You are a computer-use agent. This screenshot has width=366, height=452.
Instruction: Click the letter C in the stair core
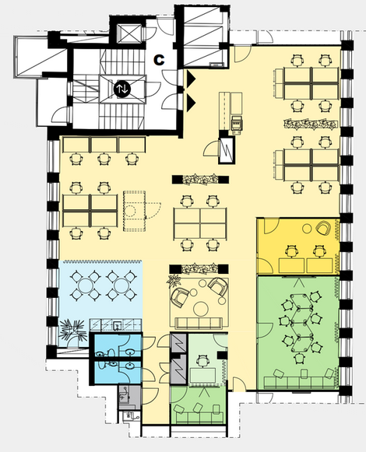159,60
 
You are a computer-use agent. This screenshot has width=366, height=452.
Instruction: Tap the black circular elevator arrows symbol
122,89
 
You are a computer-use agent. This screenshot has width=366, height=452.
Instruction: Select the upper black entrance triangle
191,78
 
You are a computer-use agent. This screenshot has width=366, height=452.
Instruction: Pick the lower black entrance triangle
191,103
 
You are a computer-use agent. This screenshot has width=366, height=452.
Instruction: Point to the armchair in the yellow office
324,228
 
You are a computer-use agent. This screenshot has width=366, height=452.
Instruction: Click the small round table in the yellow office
307,229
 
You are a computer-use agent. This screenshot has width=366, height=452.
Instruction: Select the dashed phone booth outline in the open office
134,210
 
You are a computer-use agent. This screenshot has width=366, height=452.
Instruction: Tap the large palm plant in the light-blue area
72,331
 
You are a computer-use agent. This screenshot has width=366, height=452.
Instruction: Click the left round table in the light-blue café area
86,286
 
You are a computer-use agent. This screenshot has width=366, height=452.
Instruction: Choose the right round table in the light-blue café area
121,286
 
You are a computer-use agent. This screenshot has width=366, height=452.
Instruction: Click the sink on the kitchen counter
118,325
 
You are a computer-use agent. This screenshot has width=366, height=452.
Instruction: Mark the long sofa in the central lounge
199,323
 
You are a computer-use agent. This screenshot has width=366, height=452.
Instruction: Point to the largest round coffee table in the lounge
201,308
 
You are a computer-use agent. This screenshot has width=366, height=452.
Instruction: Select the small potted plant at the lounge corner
174,280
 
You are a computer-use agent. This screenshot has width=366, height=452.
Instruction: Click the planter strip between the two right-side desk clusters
311,124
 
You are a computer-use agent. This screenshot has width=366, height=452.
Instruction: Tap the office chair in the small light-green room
202,361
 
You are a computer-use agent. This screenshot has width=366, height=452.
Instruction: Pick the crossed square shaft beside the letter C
128,34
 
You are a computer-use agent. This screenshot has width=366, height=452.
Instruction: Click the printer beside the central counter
237,124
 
